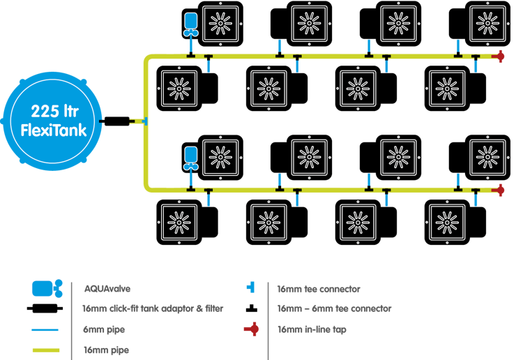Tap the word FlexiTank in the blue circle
(52, 130)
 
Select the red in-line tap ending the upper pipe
(499, 57)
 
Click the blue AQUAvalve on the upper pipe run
(190, 24)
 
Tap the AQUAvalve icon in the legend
(46, 288)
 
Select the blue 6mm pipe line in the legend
(45, 329)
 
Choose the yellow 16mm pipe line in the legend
(45, 350)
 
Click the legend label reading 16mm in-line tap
(311, 329)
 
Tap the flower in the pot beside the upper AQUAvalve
(221, 23)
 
